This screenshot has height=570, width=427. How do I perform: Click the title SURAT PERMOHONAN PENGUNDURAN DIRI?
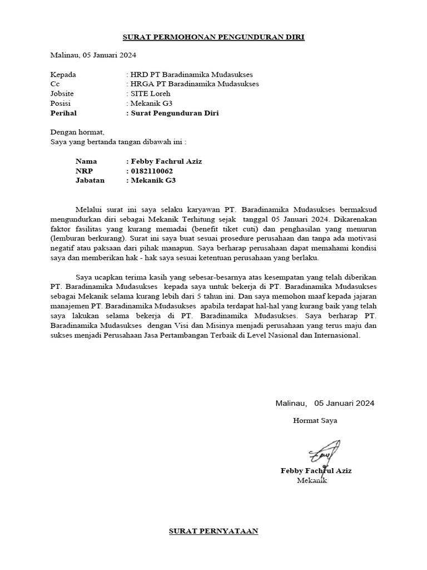213,37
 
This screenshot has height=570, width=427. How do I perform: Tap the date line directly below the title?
93,55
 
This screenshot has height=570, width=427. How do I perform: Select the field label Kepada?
63,74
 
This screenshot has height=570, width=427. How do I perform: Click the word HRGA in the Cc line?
141,83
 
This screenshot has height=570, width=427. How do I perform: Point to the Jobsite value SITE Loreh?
150,94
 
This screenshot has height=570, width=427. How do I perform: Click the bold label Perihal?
63,113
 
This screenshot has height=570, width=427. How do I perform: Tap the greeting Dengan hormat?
77,132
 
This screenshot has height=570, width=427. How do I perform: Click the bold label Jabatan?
90,180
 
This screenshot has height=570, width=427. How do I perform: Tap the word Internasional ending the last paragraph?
335,336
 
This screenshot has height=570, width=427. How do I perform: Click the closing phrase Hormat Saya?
315,420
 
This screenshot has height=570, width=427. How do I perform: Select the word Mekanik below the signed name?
312,480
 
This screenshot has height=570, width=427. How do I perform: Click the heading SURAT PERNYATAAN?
213,531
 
